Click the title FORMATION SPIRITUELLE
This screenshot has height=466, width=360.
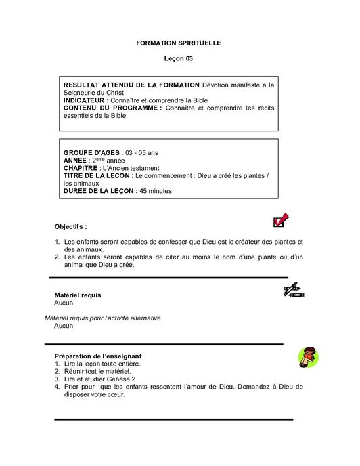click(x=179, y=43)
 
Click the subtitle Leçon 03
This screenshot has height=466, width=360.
click(x=179, y=59)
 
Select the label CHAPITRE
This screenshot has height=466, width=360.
click(x=80, y=168)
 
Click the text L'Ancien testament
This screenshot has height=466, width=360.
click(x=130, y=168)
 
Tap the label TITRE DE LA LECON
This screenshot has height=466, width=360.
click(x=98, y=175)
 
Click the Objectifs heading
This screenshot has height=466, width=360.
click(x=71, y=226)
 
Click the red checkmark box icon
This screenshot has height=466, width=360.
click(x=279, y=221)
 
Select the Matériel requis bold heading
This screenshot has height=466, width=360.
click(x=78, y=295)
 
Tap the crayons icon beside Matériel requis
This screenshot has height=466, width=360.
click(x=293, y=291)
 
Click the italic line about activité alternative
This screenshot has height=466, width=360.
click(x=102, y=318)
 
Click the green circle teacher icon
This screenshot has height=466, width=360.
click(x=308, y=357)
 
